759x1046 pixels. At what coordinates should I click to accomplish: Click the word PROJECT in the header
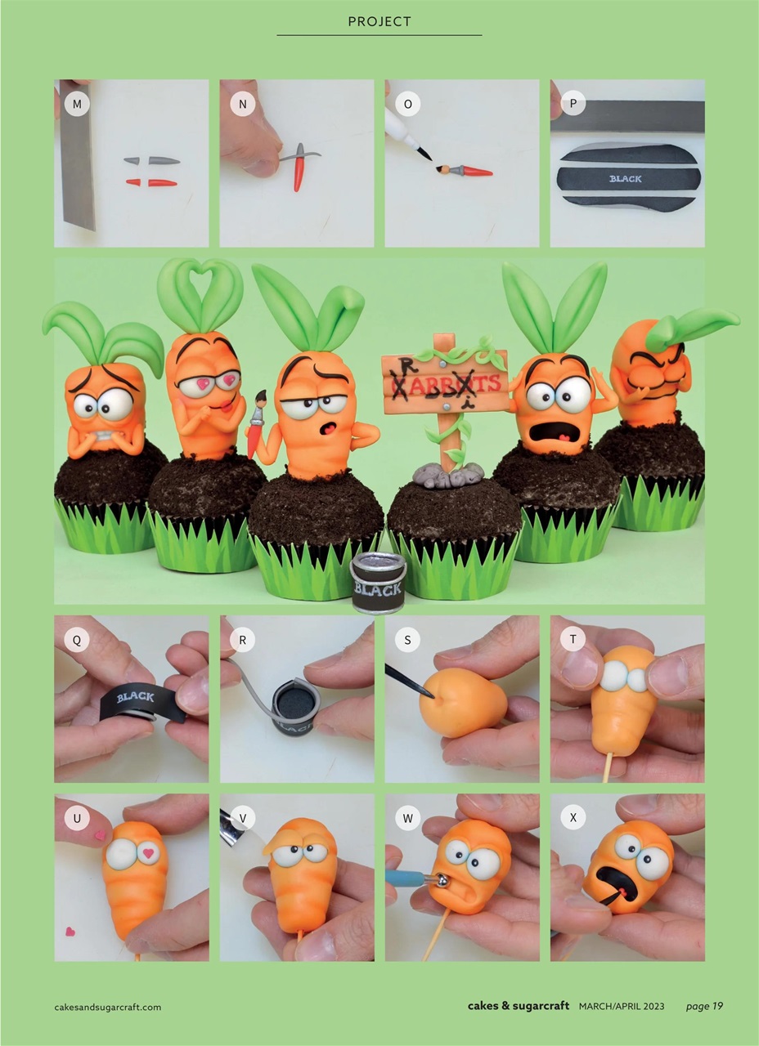379,22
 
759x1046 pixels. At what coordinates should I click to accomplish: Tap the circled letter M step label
77,104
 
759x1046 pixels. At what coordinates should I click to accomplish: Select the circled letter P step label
573,104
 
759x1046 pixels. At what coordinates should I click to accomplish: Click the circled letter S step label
407,640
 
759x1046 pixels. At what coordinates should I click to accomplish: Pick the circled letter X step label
573,817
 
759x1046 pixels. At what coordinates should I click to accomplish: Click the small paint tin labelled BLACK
378,582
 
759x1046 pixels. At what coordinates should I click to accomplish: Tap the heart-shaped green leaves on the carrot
200,294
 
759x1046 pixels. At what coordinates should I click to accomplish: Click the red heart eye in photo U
148,854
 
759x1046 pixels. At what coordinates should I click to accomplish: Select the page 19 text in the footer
704,1006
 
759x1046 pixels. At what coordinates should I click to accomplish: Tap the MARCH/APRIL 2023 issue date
622,1006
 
